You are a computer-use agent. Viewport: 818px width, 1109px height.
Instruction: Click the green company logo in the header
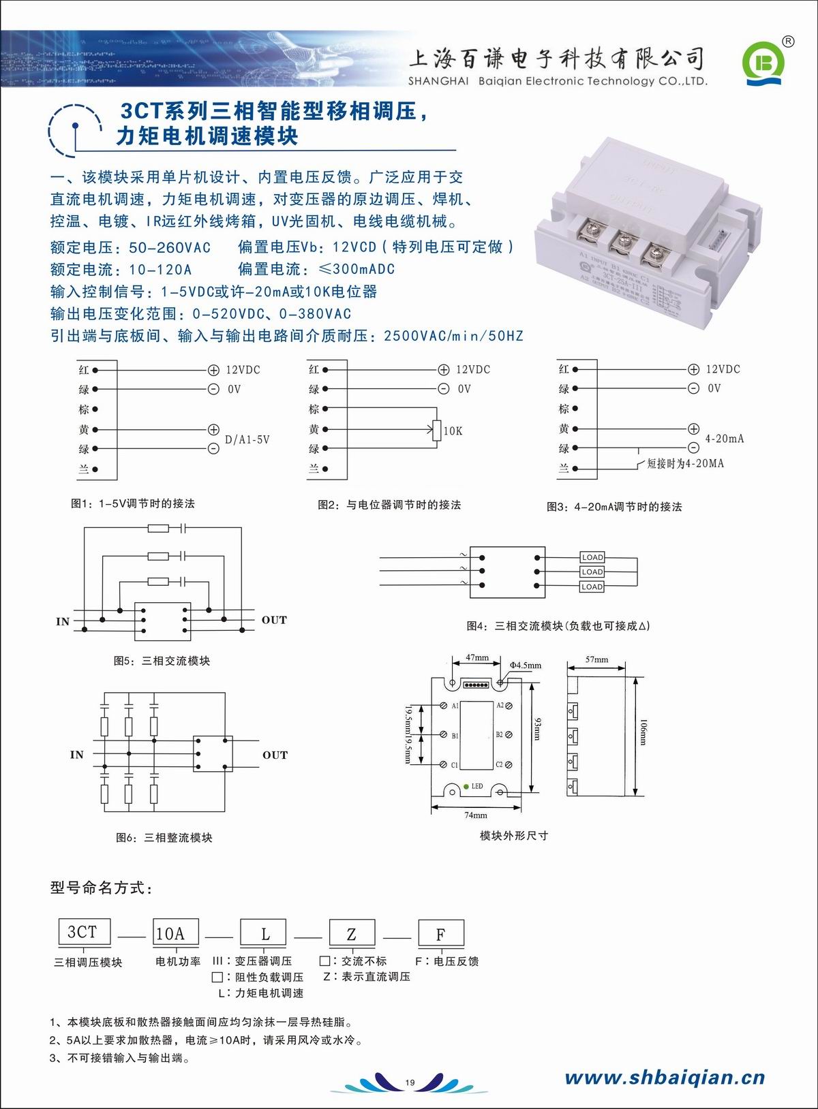[763, 63]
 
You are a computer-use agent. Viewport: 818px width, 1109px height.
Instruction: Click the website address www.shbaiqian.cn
[665, 1077]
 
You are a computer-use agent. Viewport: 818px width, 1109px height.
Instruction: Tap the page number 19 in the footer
[410, 1082]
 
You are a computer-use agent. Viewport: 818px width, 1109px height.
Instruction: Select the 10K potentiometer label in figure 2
[453, 431]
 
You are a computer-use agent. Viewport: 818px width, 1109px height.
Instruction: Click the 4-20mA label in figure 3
[725, 439]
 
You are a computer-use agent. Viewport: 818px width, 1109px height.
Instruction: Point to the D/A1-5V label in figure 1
[247, 440]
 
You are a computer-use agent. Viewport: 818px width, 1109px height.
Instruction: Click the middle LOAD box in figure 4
[592, 572]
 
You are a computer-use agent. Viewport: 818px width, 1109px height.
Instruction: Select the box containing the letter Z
[352, 934]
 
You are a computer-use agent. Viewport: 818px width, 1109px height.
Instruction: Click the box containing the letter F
[440, 934]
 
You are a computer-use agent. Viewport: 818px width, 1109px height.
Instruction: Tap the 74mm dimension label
[476, 815]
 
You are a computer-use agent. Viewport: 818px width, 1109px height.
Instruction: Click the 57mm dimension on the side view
[596, 659]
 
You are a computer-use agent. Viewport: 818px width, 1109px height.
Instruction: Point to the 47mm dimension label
[477, 658]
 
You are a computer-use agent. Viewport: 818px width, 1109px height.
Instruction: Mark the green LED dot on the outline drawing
[466, 785]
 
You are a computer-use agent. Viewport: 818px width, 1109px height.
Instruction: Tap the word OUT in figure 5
[274, 620]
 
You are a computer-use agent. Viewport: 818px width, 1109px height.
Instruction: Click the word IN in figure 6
[77, 755]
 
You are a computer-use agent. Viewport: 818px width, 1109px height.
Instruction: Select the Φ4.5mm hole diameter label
[526, 666]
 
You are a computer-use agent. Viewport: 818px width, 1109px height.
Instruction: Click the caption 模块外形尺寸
[514, 836]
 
